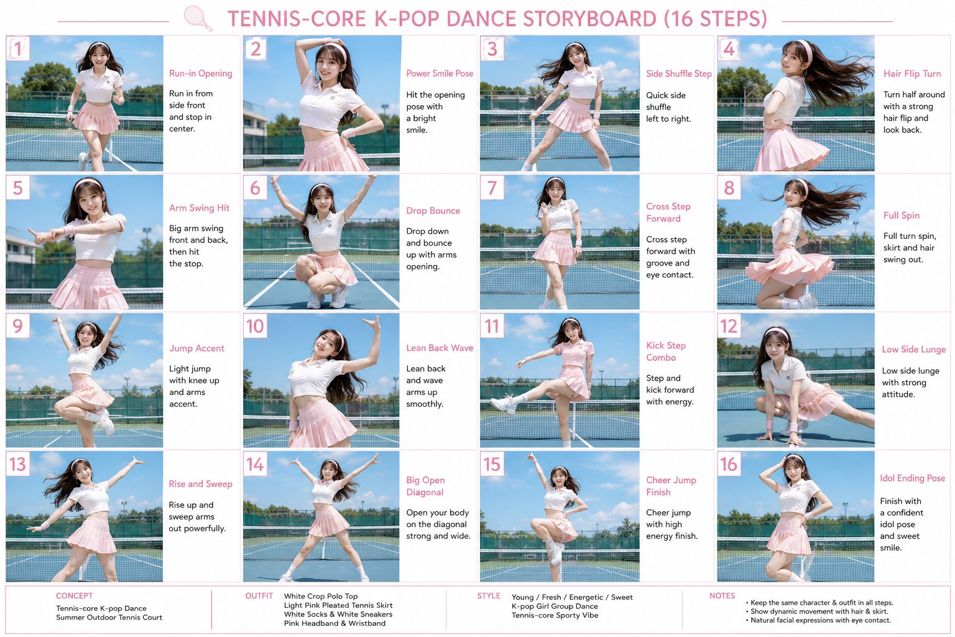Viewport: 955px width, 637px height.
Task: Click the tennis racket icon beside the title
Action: point(198,18)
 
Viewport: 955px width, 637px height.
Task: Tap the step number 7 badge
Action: point(492,188)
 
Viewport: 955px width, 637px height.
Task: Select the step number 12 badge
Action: point(729,326)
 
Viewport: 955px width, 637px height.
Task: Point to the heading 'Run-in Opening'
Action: point(200,73)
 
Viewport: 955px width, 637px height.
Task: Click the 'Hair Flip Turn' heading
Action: point(912,74)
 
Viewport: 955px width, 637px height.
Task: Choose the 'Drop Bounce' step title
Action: point(433,211)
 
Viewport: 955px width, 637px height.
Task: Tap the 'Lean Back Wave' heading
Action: point(440,348)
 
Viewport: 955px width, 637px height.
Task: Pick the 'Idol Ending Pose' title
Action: point(912,478)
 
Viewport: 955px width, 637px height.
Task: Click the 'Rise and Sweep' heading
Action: point(200,484)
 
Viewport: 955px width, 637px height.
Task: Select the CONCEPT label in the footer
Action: point(74,595)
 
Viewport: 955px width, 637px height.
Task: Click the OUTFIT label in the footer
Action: point(259,595)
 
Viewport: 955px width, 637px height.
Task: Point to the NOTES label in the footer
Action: point(722,595)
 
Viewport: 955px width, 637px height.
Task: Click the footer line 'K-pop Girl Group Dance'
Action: point(555,607)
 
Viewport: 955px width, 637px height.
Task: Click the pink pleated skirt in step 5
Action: point(89,286)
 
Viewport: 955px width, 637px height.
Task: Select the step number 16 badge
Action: point(729,464)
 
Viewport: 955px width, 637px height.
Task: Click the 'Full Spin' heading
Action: point(902,215)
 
